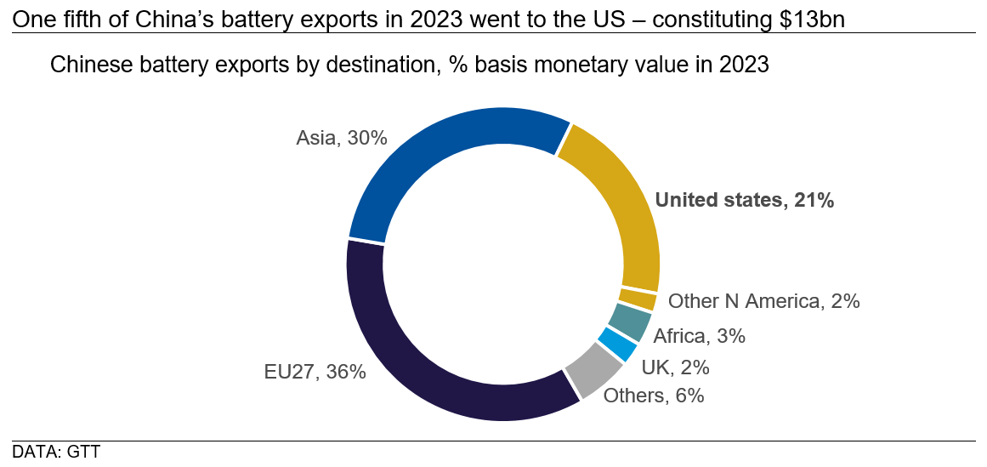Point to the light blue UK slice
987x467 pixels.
[x=618, y=345]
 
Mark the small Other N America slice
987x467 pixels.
[x=638, y=299]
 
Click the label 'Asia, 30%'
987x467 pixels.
[x=342, y=138]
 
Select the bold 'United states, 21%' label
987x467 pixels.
[x=745, y=200]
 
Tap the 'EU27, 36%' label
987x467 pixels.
[x=315, y=372]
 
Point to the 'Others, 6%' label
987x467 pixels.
[x=653, y=396]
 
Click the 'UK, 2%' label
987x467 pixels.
[x=675, y=367]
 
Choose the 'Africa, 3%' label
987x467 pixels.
[x=699, y=336]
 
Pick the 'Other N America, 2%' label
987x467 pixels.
[x=764, y=301]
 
